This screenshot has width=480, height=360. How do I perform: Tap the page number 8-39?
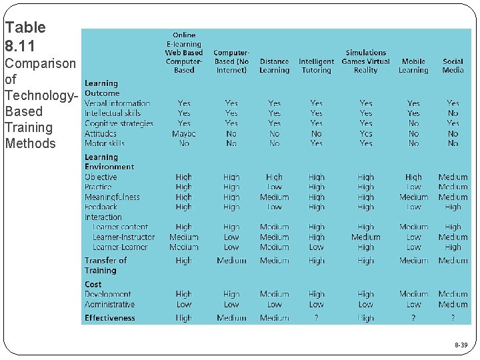click(461, 345)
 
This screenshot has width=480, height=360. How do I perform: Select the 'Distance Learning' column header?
click(274, 65)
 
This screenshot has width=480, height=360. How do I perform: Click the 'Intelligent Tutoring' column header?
click(316, 65)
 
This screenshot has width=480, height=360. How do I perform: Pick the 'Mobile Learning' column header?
click(413, 65)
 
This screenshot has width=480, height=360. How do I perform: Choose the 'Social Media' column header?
click(453, 65)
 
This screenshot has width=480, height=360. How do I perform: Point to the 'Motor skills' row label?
click(105, 143)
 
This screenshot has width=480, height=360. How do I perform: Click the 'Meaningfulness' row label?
click(112, 197)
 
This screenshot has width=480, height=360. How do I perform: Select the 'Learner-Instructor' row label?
click(123, 237)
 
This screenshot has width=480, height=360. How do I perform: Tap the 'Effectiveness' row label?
click(110, 318)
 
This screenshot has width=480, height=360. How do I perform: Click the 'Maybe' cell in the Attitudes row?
click(184, 133)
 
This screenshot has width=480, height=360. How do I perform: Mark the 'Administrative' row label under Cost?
click(110, 305)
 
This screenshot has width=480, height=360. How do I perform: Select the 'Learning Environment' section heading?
click(109, 162)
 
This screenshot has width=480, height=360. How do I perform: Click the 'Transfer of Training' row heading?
click(105, 265)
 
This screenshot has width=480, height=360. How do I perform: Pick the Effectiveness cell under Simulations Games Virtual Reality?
click(365, 319)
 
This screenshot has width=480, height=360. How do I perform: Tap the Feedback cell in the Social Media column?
click(453, 207)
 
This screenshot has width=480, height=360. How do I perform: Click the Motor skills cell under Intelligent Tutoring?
click(316, 143)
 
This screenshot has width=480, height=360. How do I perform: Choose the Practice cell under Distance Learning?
click(274, 187)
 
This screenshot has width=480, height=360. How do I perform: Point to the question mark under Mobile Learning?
click(413, 319)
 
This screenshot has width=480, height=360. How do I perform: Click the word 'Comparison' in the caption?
click(40, 63)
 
